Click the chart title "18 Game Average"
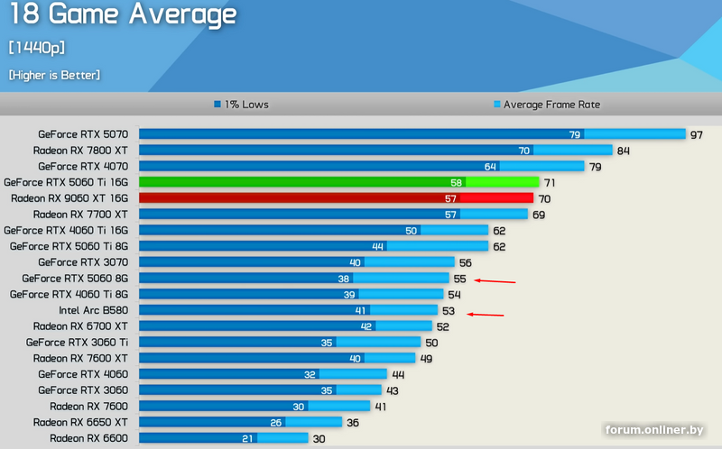(123, 14)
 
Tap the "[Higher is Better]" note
(54, 75)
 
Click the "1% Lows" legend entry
(241, 105)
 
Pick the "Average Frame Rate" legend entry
(546, 105)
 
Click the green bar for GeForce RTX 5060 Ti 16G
(338, 182)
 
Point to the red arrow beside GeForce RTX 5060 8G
(495, 281)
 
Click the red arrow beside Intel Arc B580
(486, 315)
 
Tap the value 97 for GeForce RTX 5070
(697, 134)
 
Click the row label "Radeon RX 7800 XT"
(80, 151)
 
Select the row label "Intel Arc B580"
(93, 310)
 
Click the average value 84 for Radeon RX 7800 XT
(623, 151)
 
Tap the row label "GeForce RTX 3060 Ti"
(77, 342)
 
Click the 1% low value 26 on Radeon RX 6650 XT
(276, 422)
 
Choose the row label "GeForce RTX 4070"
(83, 166)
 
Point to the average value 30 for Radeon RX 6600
(319, 438)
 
